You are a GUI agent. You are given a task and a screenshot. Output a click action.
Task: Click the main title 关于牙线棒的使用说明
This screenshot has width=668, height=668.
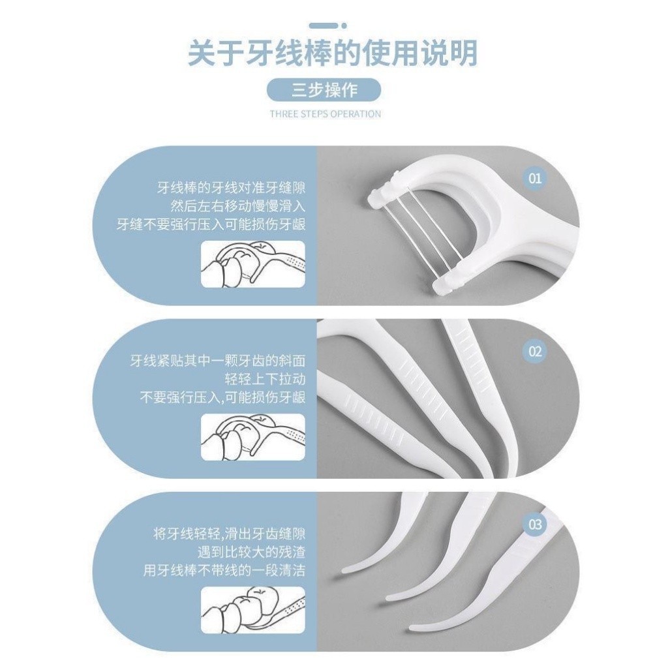pos(332,53)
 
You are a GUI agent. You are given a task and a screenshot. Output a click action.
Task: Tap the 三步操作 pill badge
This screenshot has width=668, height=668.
pos(324,90)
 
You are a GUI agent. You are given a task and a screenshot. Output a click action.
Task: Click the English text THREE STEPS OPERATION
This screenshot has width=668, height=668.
pos(326,114)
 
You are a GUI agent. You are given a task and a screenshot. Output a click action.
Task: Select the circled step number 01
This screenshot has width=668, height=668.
pos(535,178)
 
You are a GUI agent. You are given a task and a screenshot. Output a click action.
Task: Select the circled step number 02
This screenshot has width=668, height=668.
pos(535,352)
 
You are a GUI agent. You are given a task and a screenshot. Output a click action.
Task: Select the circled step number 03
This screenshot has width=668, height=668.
pos(535,524)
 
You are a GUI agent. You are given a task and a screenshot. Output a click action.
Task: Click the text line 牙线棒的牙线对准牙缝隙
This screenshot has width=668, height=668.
pos(232,188)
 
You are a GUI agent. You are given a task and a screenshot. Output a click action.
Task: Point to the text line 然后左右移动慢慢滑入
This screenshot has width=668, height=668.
pos(237,206)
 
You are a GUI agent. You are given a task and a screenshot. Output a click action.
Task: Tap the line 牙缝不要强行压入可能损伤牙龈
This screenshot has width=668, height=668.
pos(211,224)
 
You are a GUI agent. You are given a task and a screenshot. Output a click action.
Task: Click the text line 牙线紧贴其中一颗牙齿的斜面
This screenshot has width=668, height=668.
pos(218,361)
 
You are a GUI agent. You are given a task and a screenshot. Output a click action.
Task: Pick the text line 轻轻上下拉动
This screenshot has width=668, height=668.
pos(265,379)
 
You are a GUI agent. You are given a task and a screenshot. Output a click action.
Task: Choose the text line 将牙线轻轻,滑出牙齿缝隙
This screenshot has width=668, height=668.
pos(229,534)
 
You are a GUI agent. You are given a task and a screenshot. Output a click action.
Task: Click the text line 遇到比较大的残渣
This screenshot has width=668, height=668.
pos(251,552)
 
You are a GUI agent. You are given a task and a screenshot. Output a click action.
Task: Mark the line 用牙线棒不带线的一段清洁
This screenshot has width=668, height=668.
pos(224,570)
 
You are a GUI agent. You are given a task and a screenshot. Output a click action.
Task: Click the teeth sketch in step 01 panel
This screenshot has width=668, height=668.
pos(253,264)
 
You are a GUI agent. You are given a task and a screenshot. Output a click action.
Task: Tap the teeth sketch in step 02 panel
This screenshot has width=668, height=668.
pos(253,437)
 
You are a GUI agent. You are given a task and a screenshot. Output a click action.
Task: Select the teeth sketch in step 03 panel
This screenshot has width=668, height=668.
pos(253,610)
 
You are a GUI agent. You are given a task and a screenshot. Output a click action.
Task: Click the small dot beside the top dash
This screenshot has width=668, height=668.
pos(344,26)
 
